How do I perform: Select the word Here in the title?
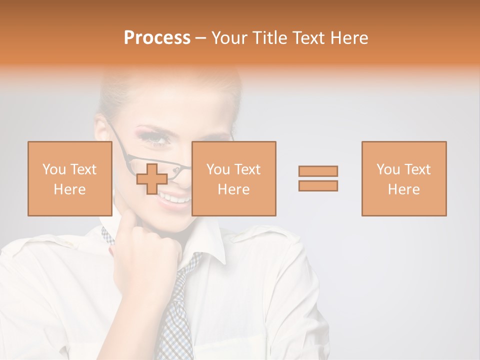click(348, 38)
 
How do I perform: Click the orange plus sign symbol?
click(152, 179)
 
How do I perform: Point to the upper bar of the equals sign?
click(318, 171)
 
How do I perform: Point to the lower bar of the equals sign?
click(318, 186)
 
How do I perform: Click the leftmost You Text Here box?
click(69, 178)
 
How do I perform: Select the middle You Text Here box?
click(233, 178)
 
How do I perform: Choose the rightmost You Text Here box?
click(403, 178)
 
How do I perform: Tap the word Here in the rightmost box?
click(403, 189)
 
